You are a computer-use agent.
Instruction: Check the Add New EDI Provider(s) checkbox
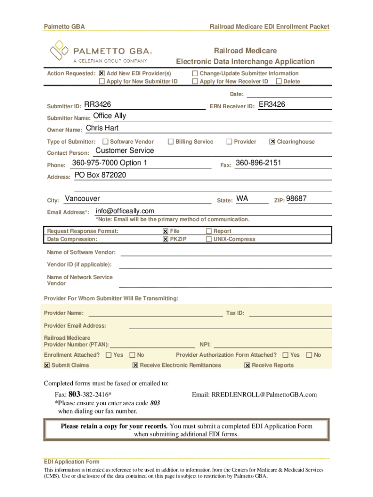click(x=102, y=73)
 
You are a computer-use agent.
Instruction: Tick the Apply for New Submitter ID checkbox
click(x=102, y=82)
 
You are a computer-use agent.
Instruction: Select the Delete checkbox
click(x=279, y=82)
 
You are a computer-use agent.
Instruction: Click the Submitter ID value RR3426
click(x=97, y=104)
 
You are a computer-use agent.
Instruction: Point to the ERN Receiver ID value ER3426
click(x=272, y=104)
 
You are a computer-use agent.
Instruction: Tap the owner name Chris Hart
click(x=102, y=128)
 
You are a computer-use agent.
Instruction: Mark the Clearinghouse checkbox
click(x=272, y=142)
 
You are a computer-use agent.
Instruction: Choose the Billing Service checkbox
click(x=171, y=142)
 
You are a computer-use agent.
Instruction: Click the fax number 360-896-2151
click(x=258, y=163)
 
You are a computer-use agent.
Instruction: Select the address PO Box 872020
click(x=100, y=175)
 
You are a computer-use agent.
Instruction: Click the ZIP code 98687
click(x=296, y=199)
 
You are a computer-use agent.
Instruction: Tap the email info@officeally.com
click(x=125, y=211)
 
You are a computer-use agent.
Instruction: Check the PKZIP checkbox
click(x=165, y=239)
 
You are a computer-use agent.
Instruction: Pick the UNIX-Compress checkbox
click(x=209, y=239)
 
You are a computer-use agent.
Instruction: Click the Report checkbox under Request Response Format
click(x=209, y=232)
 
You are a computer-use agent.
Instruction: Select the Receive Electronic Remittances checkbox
click(x=135, y=365)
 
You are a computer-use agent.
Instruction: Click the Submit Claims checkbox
click(x=47, y=365)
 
